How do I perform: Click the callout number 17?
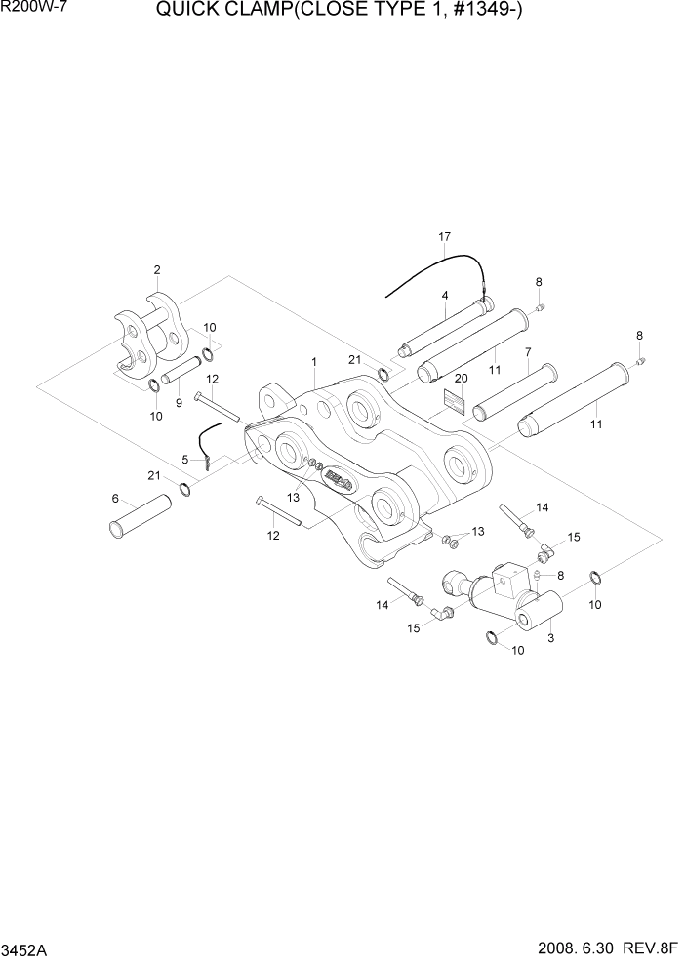coord(445,237)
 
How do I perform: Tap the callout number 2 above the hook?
coord(157,269)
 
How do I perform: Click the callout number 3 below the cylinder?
coord(551,639)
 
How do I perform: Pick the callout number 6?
coord(114,498)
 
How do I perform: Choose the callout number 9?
coord(527,352)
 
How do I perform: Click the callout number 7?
coord(527,352)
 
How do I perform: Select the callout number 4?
coord(444,295)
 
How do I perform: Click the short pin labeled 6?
coord(138,515)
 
